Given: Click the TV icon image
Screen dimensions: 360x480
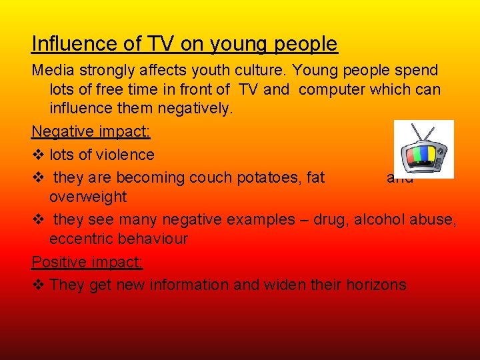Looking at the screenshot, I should (423, 149).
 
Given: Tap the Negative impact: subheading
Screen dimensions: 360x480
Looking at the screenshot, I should (91, 131).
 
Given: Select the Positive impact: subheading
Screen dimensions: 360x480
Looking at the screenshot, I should (87, 262).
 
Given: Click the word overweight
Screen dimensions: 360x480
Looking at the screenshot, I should (88, 197).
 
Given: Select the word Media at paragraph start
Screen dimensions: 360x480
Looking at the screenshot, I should (53, 70).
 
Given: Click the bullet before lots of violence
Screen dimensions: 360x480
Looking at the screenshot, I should (37, 155).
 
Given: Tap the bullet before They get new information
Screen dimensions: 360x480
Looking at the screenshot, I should (37, 285).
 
